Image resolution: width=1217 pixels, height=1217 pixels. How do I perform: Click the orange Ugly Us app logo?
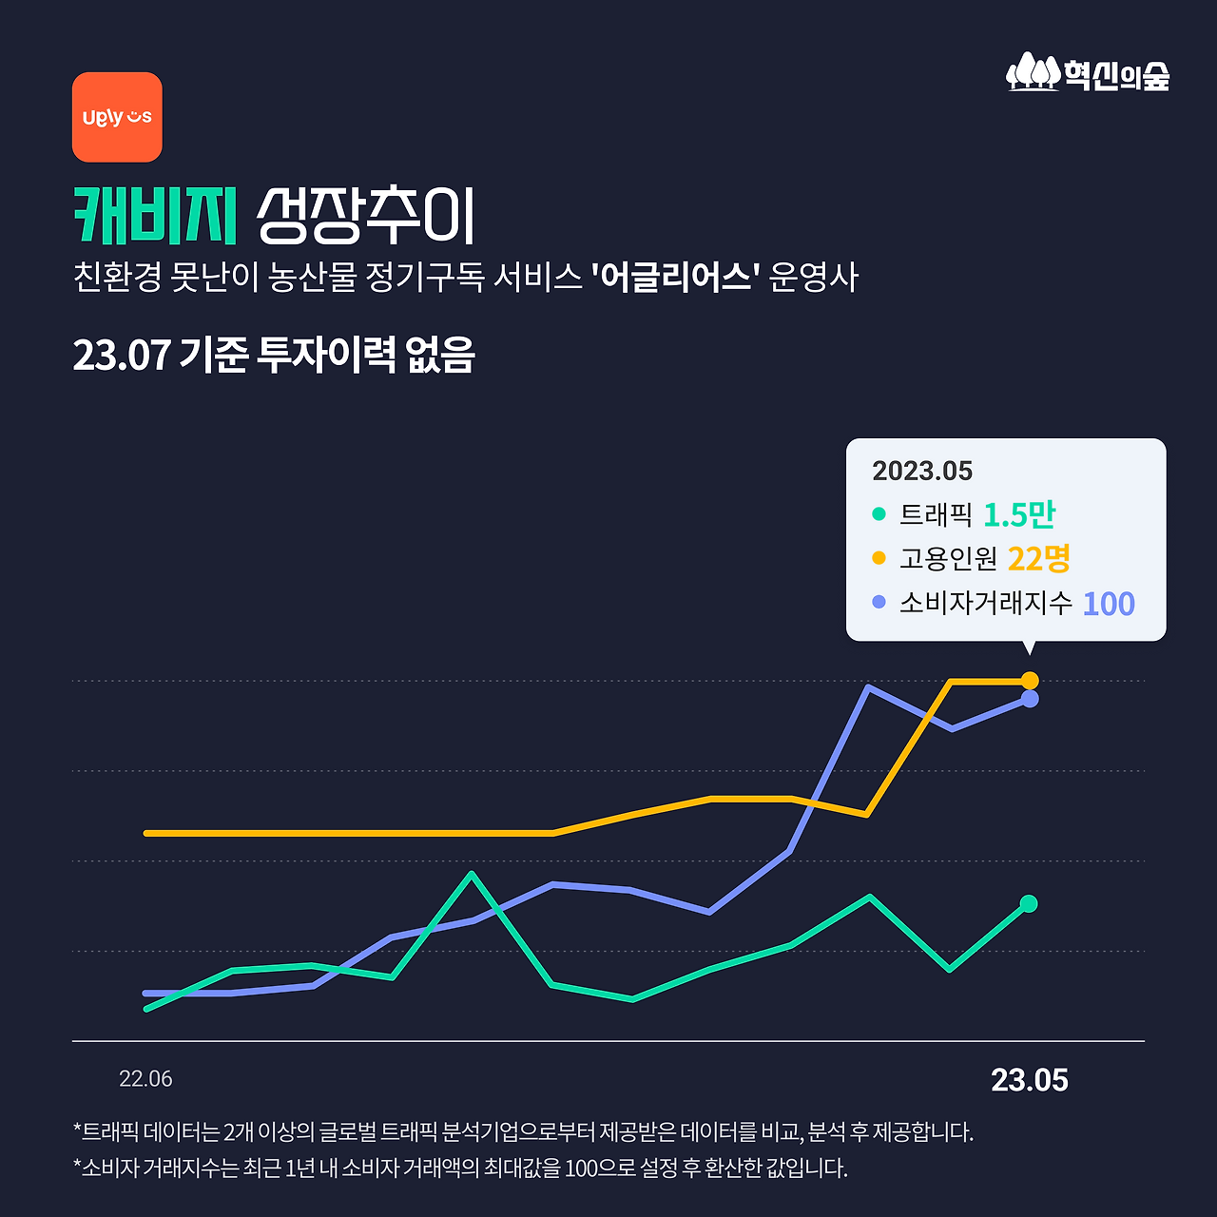click(x=117, y=117)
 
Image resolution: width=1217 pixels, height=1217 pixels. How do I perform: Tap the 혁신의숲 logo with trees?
click(x=1088, y=73)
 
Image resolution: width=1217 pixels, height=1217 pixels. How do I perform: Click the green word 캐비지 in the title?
click(x=155, y=216)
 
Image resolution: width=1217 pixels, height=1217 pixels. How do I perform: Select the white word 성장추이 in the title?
click(x=366, y=216)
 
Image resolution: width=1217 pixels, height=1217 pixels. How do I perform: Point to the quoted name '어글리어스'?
click(x=674, y=278)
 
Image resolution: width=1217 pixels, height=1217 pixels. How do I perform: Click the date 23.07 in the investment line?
click(x=122, y=356)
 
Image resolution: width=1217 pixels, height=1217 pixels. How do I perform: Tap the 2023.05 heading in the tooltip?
click(x=922, y=471)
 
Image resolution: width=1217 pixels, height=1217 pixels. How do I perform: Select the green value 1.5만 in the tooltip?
click(x=1019, y=514)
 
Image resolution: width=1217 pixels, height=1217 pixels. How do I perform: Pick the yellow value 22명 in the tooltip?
click(x=1038, y=558)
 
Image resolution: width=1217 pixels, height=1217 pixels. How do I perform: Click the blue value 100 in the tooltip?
click(x=1109, y=604)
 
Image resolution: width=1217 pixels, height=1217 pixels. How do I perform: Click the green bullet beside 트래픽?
click(x=879, y=514)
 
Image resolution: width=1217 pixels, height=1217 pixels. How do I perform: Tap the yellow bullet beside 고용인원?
click(x=879, y=558)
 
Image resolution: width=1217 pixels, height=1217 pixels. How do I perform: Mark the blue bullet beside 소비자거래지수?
click(x=879, y=603)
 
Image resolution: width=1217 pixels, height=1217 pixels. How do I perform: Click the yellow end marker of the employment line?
click(x=1030, y=681)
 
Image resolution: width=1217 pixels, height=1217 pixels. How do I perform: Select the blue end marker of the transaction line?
click(x=1030, y=699)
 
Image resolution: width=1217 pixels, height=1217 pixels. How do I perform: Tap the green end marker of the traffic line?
click(x=1029, y=903)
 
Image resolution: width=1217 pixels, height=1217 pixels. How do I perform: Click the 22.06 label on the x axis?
click(x=145, y=1079)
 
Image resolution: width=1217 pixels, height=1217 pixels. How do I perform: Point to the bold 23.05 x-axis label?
click(x=1030, y=1080)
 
